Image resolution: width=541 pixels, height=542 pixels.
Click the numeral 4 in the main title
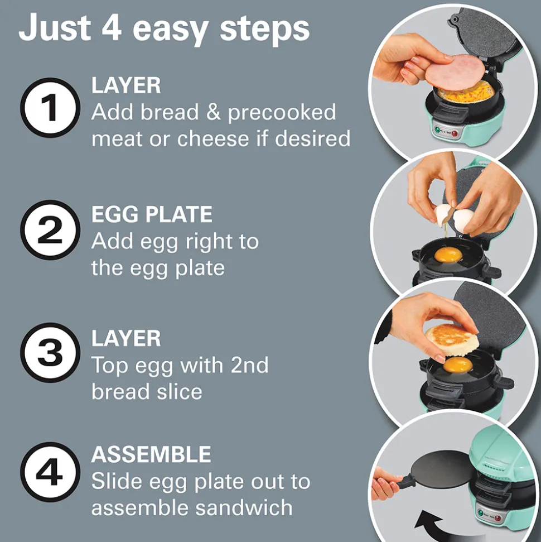click(112, 28)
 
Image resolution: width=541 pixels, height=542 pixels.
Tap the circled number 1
click(50, 108)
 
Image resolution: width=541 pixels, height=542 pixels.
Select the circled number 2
click(50, 230)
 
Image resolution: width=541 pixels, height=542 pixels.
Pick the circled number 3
click(50, 353)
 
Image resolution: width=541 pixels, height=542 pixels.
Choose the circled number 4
click(50, 472)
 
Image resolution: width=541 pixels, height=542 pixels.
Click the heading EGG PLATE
click(152, 214)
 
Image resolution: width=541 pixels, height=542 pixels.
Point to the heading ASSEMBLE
click(151, 454)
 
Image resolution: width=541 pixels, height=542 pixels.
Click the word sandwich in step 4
click(244, 507)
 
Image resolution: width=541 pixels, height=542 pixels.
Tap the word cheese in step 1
click(213, 138)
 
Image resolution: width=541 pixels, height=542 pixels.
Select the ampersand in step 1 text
click(213, 112)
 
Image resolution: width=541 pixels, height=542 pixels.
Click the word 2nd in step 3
click(249, 365)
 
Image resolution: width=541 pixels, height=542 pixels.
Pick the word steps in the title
click(264, 30)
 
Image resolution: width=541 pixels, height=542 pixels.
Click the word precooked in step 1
click(282, 113)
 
